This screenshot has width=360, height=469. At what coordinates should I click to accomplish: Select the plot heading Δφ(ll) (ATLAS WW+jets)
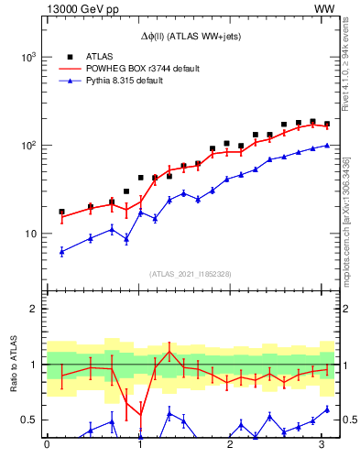pyautogui.click(x=192, y=36)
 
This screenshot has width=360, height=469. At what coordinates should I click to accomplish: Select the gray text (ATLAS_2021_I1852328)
pyautogui.click(x=192, y=274)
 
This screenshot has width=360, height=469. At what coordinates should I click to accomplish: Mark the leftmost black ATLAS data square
pyautogui.click(x=61, y=212)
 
